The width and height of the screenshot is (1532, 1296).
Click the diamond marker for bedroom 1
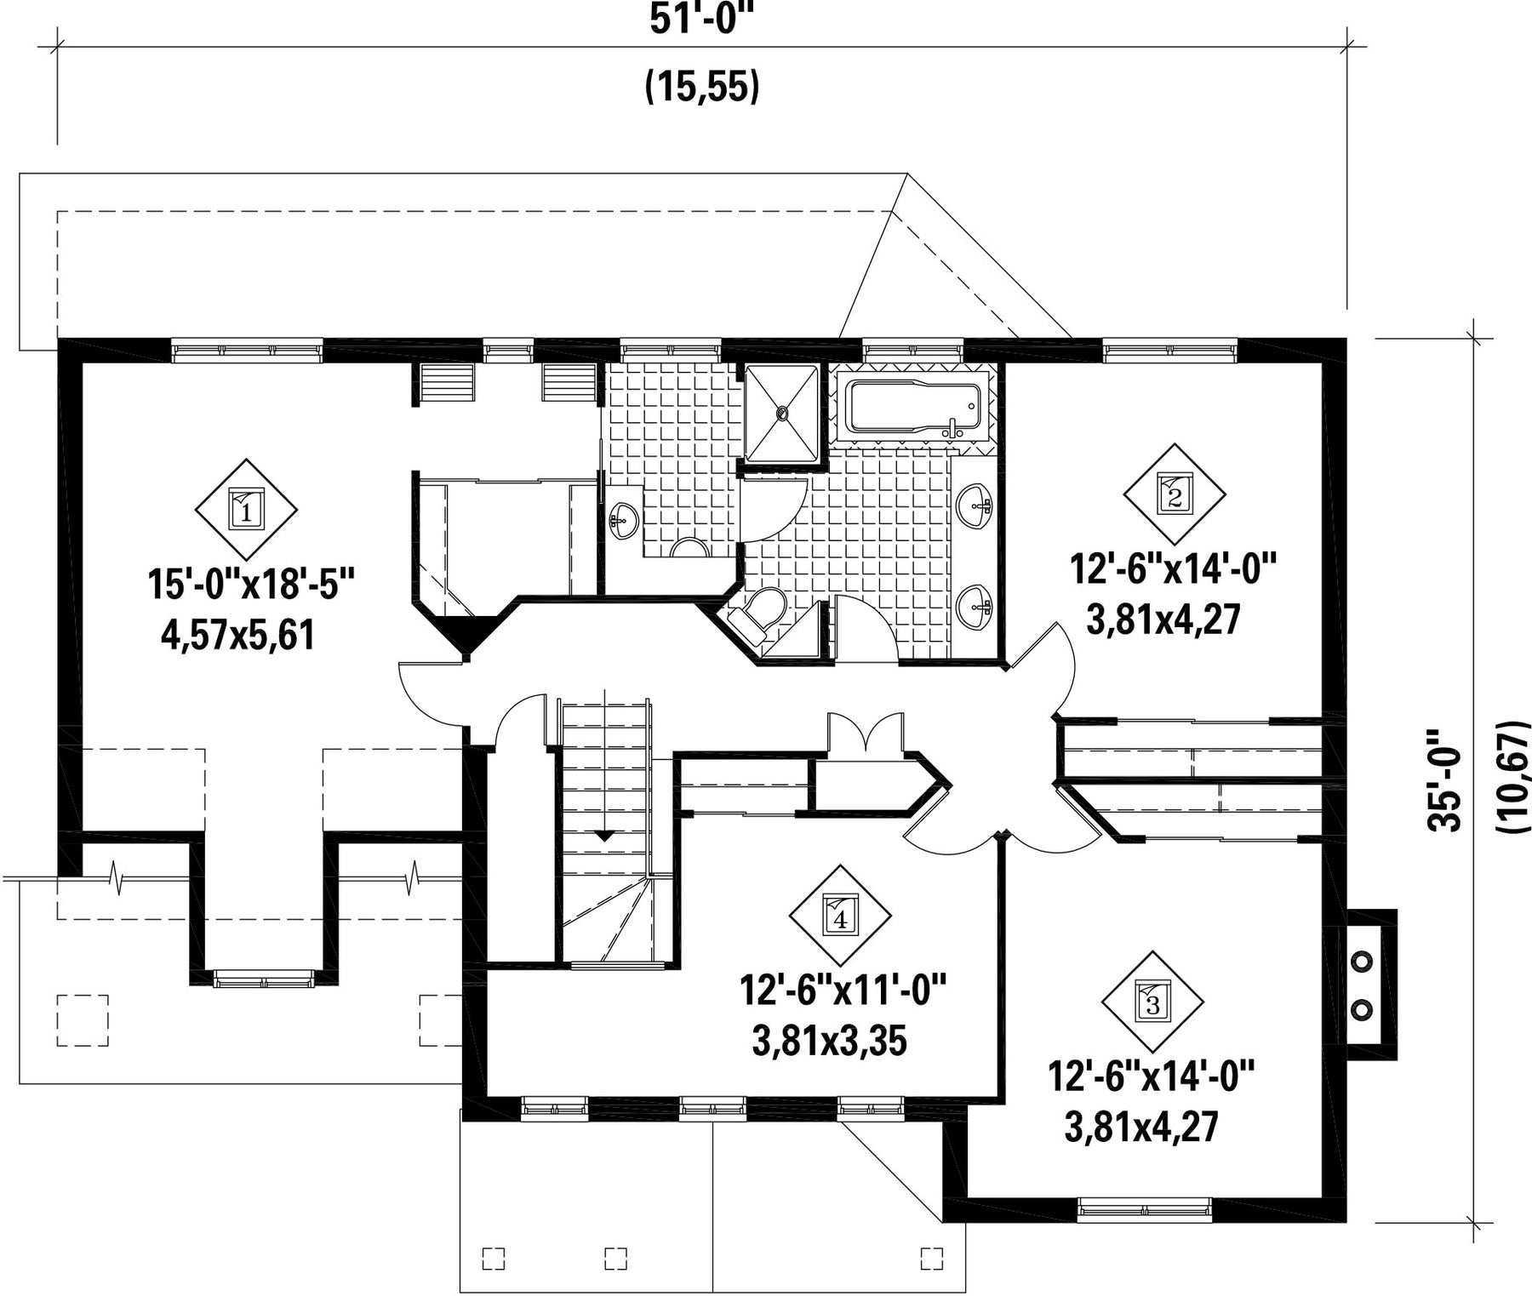(x=246, y=510)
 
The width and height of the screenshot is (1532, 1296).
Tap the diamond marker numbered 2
(x=1175, y=494)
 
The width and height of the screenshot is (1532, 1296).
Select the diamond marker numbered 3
(x=1152, y=1002)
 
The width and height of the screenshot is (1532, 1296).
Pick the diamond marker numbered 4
(x=841, y=916)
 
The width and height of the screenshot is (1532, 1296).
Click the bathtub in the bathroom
(x=913, y=409)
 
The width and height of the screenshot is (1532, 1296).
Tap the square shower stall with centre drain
(x=781, y=414)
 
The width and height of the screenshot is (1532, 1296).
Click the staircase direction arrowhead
(x=603, y=836)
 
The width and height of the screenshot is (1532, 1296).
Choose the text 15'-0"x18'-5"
(x=250, y=585)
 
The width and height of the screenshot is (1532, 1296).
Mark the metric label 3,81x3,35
(x=829, y=1041)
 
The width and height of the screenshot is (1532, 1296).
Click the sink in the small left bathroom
(x=625, y=519)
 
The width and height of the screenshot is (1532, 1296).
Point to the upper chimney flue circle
(x=1362, y=961)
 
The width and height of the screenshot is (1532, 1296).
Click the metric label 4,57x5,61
(x=238, y=635)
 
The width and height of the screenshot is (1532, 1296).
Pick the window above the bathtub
(x=913, y=350)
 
